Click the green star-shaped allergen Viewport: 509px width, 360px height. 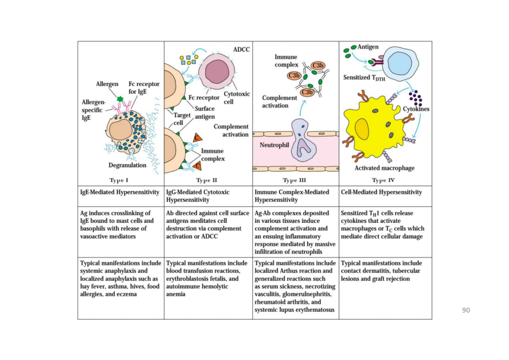[120, 98]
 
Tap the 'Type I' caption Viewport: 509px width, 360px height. [119, 180]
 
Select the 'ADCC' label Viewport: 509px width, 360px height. [242, 49]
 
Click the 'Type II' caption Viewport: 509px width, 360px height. [206, 180]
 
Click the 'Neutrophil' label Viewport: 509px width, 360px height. [274, 145]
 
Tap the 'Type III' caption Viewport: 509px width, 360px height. [294, 180]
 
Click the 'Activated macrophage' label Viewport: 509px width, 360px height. [384, 168]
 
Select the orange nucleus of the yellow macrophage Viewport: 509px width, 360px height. [362, 129]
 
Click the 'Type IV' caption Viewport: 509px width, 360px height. [383, 180]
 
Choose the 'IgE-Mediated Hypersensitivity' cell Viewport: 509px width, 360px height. [120, 192]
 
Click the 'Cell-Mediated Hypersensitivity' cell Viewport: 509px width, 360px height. [381, 192]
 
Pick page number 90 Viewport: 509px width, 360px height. [466, 310]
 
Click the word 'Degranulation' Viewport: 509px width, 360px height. [127, 165]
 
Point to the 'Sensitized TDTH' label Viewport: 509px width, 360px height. [364, 78]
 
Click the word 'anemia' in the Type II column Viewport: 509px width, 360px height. [175, 294]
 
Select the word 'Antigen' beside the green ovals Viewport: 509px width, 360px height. [368, 47]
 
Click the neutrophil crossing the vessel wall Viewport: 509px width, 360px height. [304, 140]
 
